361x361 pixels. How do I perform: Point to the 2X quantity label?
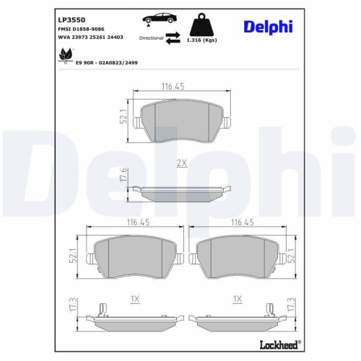[x=183, y=164]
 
